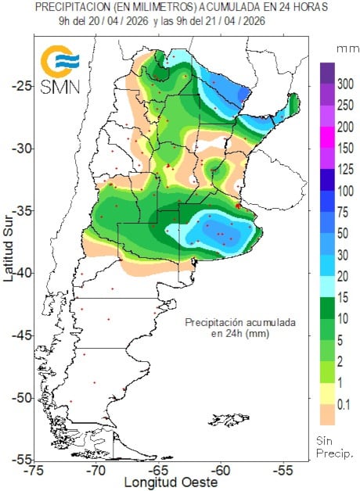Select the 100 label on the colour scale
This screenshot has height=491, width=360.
tap(344, 191)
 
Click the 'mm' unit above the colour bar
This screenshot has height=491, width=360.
tap(345, 48)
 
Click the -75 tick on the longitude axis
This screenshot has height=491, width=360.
tap(34, 471)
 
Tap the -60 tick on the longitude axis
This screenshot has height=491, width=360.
tap(221, 471)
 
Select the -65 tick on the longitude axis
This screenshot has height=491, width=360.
tap(159, 471)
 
